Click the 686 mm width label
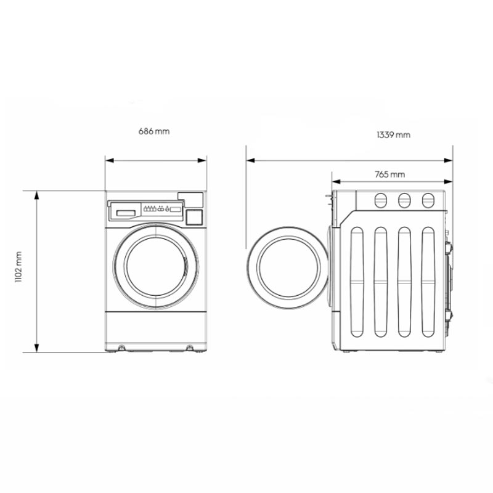point(154,131)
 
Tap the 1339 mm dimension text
point(393,135)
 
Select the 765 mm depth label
point(389,174)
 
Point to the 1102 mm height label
point(18,267)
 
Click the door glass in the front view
point(156,267)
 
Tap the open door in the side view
point(287,267)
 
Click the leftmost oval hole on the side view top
point(380,200)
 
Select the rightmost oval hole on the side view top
point(428,200)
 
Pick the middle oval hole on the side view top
point(404,200)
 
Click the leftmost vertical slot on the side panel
point(357,282)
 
